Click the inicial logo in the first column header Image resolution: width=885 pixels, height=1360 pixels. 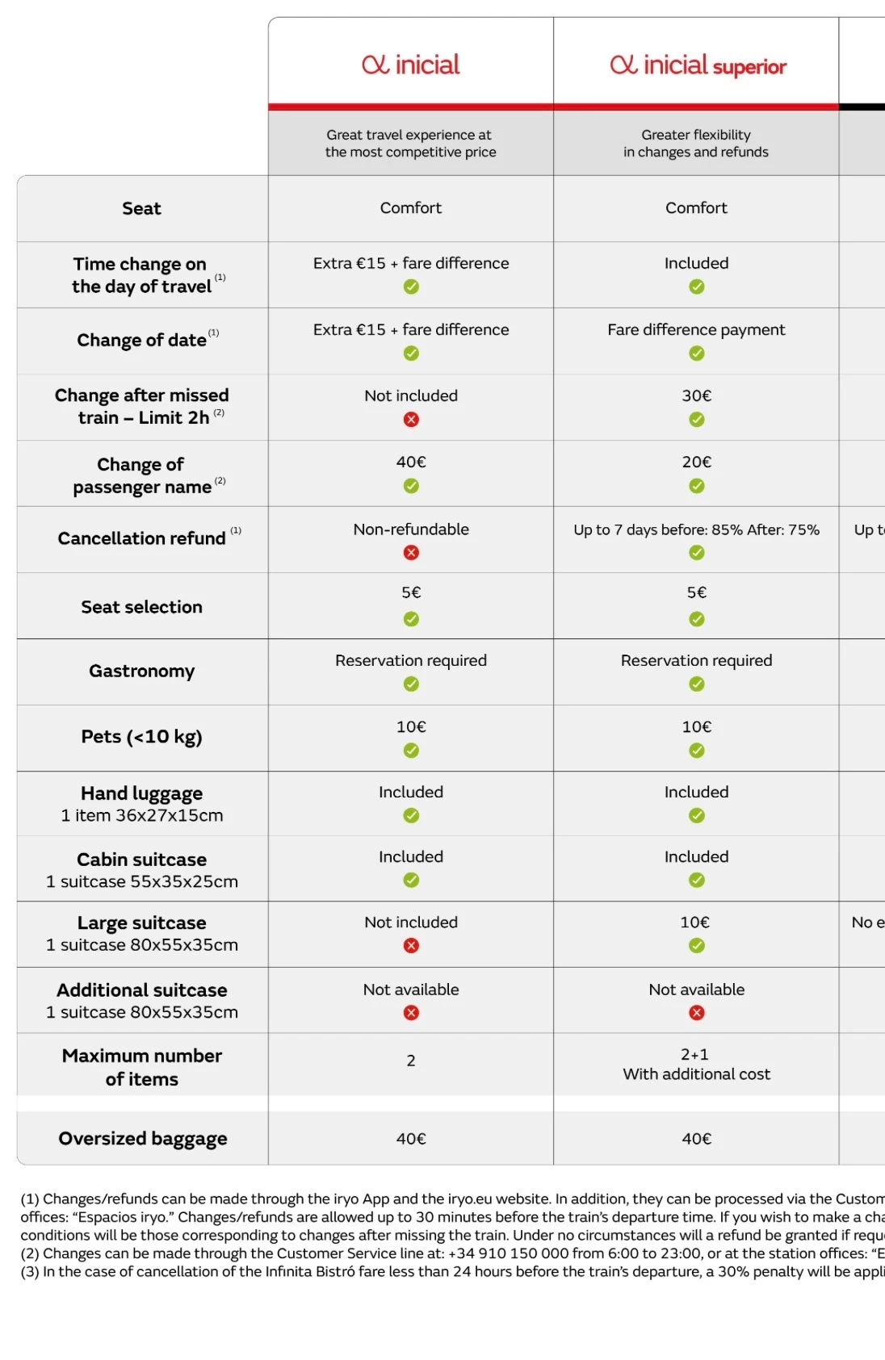pos(411,65)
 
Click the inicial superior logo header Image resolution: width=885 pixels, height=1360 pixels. pos(698,65)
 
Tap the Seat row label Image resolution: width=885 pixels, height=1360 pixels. pos(141,208)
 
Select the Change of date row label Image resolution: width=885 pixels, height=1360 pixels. pos(142,340)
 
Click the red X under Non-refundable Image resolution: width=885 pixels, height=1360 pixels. pos(411,553)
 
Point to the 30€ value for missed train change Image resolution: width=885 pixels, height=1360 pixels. pos(696,395)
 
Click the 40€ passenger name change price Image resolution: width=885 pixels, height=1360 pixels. pos(411,462)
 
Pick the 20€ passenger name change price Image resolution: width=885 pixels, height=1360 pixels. pos(696,462)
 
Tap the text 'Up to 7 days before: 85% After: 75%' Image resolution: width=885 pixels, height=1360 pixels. pos(696,529)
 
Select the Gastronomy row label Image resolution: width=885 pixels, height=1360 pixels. pos(141,671)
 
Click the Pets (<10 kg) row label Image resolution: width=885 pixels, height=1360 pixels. pos(141,736)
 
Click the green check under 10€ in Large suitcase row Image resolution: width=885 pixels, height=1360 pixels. pos(696,945)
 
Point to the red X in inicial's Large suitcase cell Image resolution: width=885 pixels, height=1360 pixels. pos(411,945)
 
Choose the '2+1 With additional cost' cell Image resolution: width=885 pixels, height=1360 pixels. pos(696,1064)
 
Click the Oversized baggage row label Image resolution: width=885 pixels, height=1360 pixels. pos(143,1138)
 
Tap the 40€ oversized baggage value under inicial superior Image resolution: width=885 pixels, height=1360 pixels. pos(696,1138)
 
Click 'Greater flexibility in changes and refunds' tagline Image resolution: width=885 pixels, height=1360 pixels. pos(696,143)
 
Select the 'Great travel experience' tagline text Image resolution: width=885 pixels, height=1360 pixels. pos(411,143)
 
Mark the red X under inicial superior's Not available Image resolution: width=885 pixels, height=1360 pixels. pos(696,1013)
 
